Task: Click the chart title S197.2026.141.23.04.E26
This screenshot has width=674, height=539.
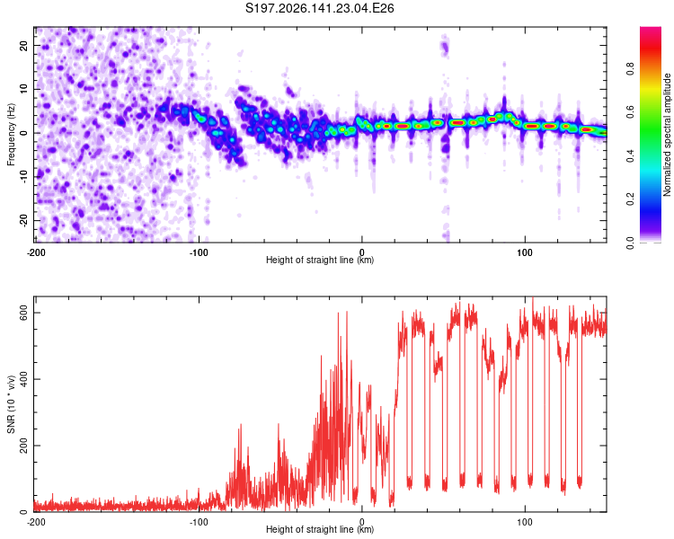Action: coord(319,8)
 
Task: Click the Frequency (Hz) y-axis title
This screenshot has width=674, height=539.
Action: coord(11,135)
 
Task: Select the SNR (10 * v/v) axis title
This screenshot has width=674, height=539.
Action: coord(11,404)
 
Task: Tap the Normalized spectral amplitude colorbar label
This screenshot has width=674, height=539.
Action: coord(667,135)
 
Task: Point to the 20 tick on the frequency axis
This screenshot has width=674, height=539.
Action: coord(23,45)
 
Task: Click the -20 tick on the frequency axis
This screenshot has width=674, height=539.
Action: coord(23,220)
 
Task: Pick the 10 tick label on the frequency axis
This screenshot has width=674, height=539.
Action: coord(23,89)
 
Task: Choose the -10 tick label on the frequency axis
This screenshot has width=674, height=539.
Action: coord(23,177)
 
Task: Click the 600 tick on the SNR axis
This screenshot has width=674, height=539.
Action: coord(23,313)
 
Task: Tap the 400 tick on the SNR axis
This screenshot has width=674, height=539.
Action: coord(23,379)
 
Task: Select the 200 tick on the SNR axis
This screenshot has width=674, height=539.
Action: coord(23,446)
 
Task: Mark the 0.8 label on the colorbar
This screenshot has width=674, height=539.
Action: coord(630,69)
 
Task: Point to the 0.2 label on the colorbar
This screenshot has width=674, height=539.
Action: coord(630,199)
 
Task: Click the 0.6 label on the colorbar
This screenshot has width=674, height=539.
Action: coord(630,112)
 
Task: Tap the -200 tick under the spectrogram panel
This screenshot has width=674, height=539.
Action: coord(36,252)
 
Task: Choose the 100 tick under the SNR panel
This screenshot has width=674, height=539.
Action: coord(525,522)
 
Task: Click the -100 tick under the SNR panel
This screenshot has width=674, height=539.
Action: coord(199,522)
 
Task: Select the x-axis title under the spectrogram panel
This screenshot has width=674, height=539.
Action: coord(320,260)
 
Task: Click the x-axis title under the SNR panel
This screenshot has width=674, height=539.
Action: coord(320,529)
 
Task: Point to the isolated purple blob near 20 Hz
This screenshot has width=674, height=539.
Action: coord(445,46)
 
